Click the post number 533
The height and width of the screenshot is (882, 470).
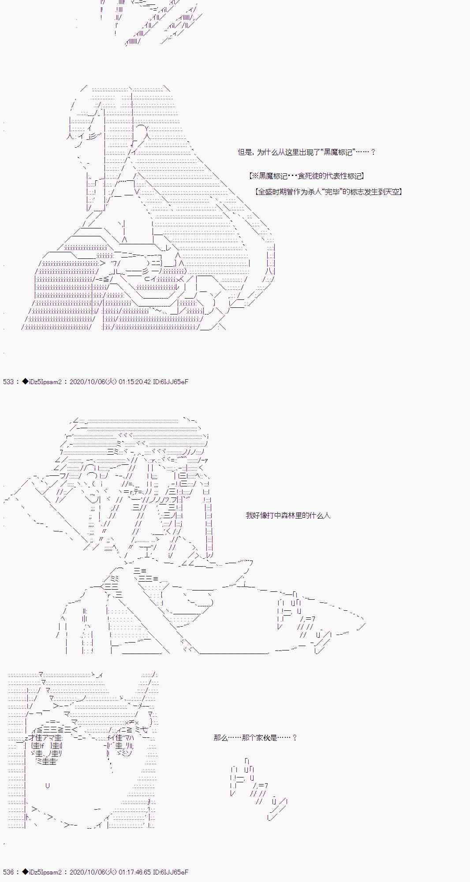point(8,381)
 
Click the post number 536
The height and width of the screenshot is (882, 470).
point(8,872)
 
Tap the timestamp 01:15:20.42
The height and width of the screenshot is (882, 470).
point(134,381)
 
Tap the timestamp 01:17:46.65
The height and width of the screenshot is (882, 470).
point(134,872)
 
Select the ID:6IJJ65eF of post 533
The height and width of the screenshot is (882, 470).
point(171,381)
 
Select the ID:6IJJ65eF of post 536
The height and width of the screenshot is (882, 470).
point(171,872)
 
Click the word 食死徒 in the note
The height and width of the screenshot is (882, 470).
point(308,176)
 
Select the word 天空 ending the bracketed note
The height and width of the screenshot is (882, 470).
point(392,192)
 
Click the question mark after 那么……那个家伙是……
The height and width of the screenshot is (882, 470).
point(295,737)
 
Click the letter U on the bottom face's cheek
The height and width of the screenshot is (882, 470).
point(47,785)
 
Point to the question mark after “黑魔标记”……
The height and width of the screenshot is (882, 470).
point(373,152)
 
